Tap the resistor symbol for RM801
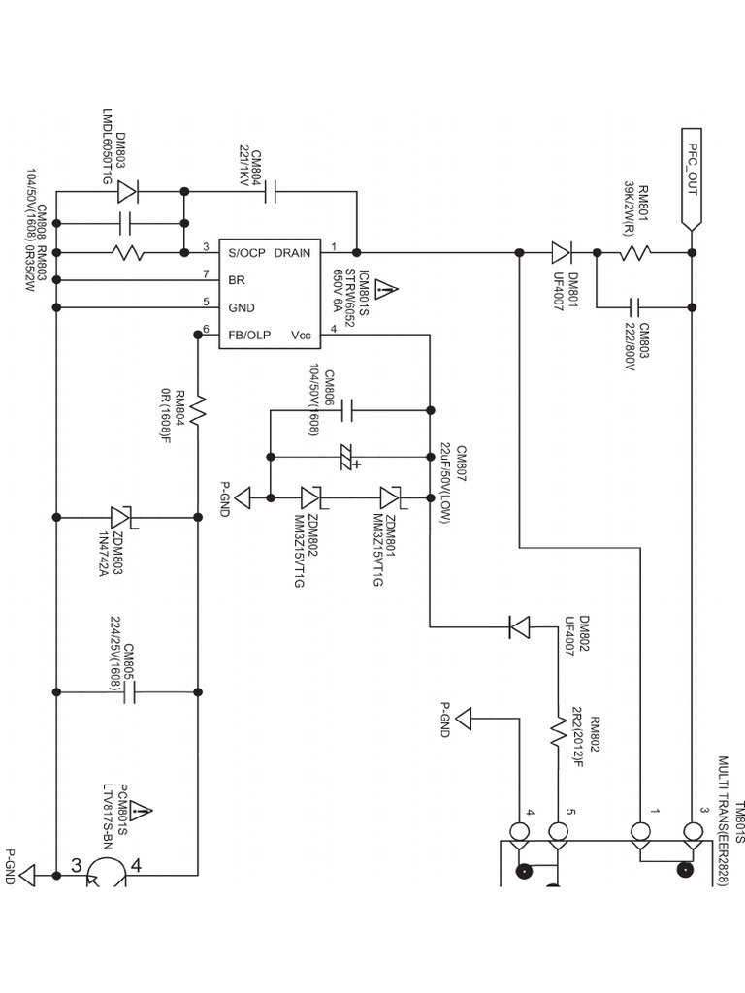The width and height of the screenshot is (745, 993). pyautogui.click(x=636, y=253)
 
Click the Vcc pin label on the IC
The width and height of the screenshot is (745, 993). pyautogui.click(x=301, y=335)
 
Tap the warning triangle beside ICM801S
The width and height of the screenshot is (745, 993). pyautogui.click(x=385, y=288)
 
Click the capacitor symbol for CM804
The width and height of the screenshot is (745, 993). pyautogui.click(x=270, y=192)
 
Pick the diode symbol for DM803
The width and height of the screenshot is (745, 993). pyautogui.click(x=126, y=192)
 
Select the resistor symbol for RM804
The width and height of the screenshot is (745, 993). pyautogui.click(x=198, y=411)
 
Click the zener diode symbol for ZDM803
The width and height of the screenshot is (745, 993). pyautogui.click(x=122, y=518)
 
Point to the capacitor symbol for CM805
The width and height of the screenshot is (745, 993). pyautogui.click(x=129, y=692)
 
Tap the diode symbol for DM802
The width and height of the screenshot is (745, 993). pyautogui.click(x=520, y=627)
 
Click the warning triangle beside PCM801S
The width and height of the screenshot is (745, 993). pyautogui.click(x=142, y=810)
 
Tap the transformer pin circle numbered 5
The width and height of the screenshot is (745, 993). pyautogui.click(x=558, y=832)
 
